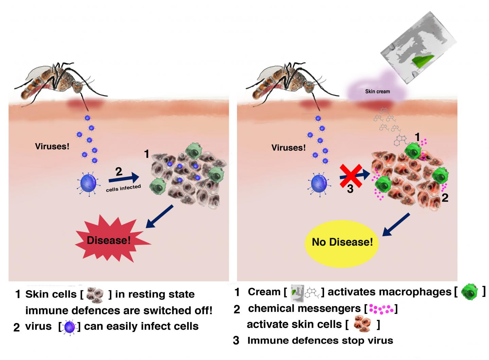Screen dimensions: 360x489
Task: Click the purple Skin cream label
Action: [377, 91]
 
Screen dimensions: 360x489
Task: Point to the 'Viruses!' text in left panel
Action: [52, 147]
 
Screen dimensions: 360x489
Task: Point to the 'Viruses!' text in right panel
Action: [288, 148]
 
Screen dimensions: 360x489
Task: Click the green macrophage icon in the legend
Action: [469, 292]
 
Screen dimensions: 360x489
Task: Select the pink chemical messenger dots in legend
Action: [381, 309]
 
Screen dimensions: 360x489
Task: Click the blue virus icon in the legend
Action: [70, 327]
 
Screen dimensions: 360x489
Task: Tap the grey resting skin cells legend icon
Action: [95, 294]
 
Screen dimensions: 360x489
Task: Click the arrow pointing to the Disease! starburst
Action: [160, 216]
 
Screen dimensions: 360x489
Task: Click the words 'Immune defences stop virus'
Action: [320, 340]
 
